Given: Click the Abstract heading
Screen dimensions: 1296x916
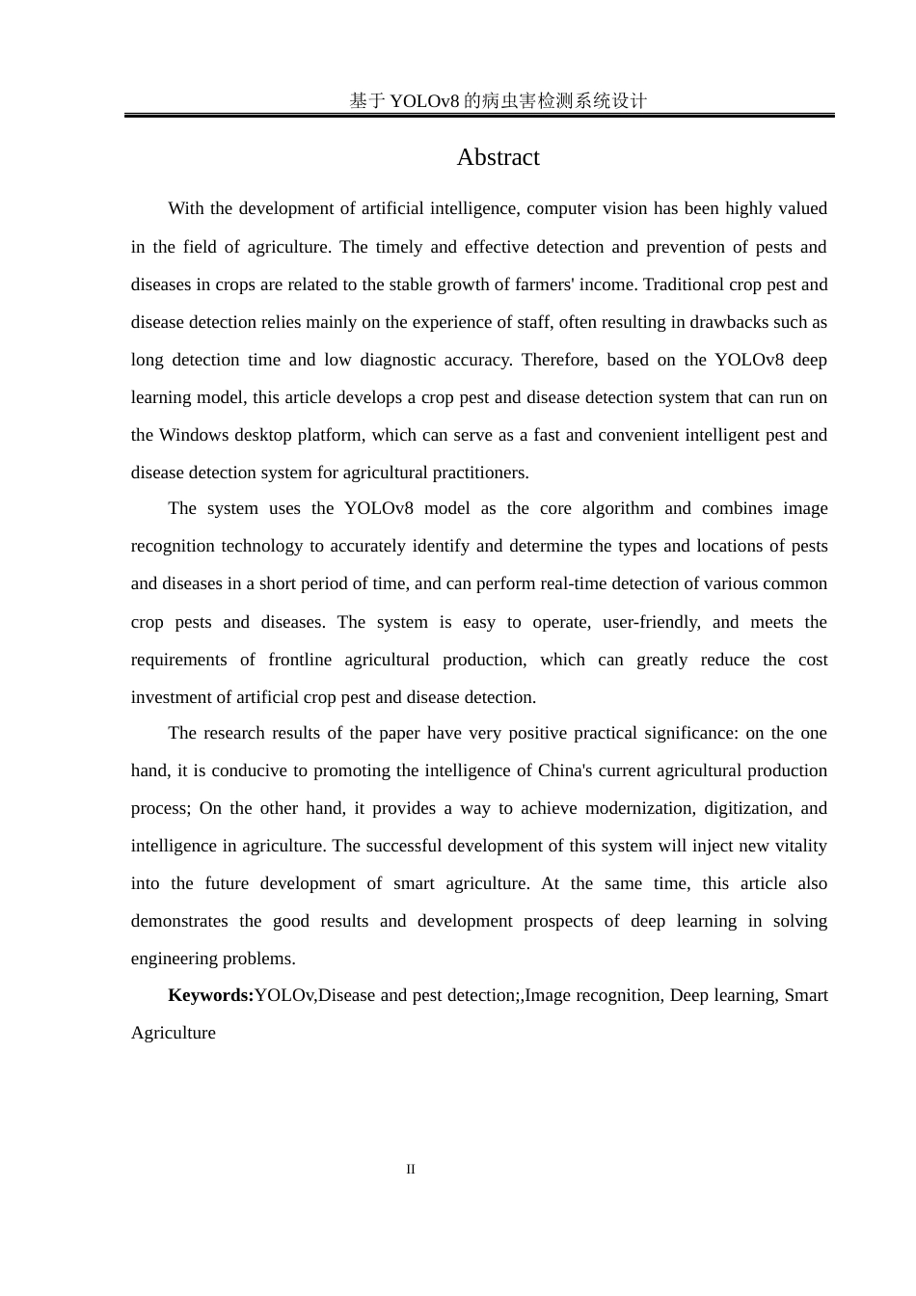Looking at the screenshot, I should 498,157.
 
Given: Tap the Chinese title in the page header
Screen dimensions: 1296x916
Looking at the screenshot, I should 498,100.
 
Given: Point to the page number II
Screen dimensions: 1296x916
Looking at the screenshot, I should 411,1169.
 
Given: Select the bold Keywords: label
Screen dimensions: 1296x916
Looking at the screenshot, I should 210,995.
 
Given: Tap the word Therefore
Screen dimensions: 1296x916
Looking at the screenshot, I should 558,360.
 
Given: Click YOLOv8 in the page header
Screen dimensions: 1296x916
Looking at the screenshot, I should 424,100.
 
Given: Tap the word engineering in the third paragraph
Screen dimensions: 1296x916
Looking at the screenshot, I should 176,958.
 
